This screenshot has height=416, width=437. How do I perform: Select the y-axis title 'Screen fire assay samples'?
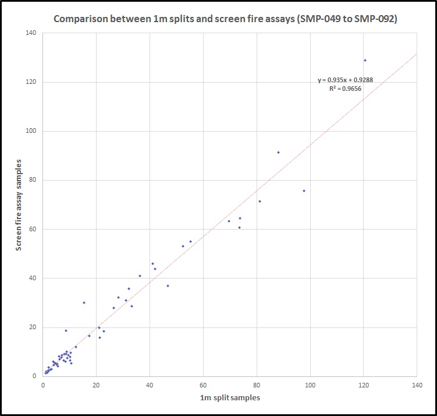tap(19, 204)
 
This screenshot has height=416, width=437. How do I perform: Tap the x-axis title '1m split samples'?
tap(229, 397)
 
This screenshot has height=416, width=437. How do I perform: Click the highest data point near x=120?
tap(365, 60)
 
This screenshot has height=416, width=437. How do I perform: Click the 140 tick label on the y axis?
tap(31, 33)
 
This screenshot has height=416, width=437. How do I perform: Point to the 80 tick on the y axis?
tap(33, 180)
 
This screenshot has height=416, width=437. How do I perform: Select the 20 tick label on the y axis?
tap(33, 327)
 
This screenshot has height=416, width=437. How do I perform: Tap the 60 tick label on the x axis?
tap(203, 385)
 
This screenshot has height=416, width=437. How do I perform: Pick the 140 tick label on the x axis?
tap(417, 385)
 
